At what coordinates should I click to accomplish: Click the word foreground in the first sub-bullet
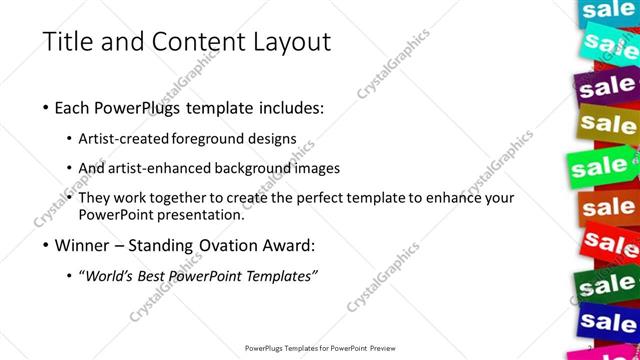209,138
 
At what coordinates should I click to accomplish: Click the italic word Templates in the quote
279,276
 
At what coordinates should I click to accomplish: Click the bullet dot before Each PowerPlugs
46,108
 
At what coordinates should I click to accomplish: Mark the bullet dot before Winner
46,245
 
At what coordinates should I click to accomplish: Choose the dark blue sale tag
608,322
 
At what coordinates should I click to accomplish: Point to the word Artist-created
130,138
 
